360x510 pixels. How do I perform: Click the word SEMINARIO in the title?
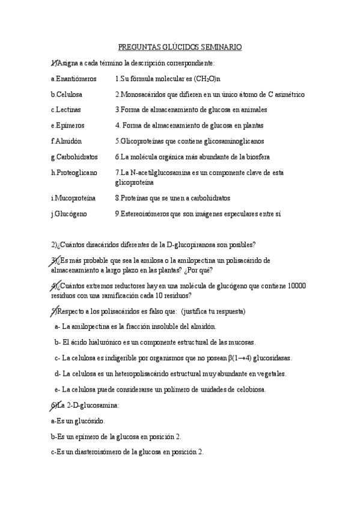tap(221, 46)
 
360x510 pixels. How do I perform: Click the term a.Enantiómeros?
tap(73, 79)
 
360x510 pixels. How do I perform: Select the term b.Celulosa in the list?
tap(67, 94)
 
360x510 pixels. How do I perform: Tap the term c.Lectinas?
tap(66, 110)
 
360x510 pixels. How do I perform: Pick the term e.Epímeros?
tap(67, 126)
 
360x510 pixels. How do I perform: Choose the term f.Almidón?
tap(66, 141)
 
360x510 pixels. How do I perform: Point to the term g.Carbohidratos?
tap(74, 157)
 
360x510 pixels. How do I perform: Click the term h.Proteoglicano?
tap(74, 173)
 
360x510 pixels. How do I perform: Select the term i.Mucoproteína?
tap(73, 198)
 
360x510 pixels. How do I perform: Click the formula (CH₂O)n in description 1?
tap(206, 79)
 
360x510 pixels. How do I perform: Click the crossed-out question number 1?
tap(54, 63)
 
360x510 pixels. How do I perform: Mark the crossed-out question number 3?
tap(54, 260)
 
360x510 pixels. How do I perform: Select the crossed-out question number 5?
tap(54, 311)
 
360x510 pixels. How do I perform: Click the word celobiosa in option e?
tap(249, 389)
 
